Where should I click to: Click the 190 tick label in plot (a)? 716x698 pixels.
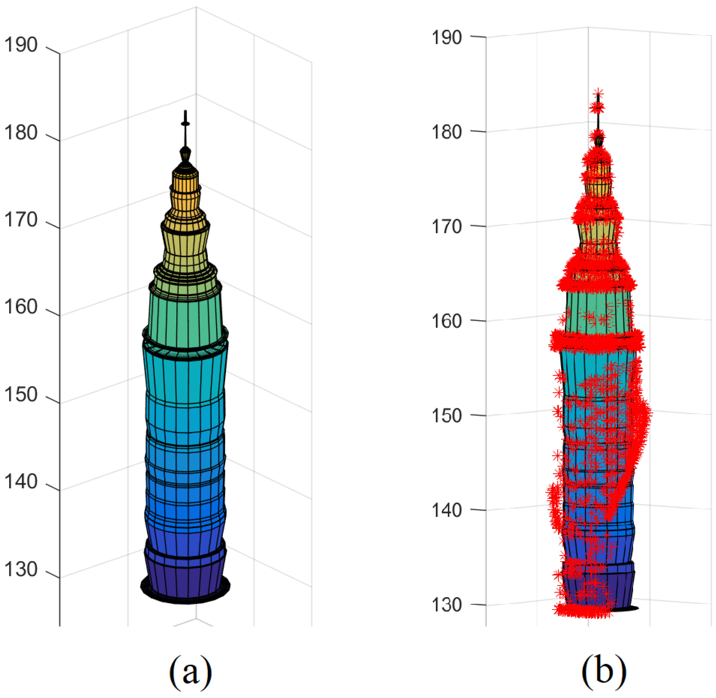click(21, 45)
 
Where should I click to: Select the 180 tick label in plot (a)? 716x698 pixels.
click(21, 133)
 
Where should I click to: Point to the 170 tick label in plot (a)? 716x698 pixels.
click(21, 220)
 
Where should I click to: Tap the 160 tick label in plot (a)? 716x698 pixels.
click(21, 307)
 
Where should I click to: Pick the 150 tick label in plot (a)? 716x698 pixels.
click(21, 395)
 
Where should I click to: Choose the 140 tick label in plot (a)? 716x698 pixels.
click(21, 482)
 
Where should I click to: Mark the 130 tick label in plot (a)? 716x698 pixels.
click(21, 570)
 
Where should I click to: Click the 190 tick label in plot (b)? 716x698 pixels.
click(446, 38)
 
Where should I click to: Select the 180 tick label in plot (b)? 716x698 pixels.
click(446, 132)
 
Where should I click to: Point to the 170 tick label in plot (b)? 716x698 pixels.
click(446, 227)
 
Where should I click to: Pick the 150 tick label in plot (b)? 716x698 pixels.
click(446, 416)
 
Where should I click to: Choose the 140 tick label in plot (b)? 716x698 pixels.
click(446, 510)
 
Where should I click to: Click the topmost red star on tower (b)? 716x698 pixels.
click(599, 93)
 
